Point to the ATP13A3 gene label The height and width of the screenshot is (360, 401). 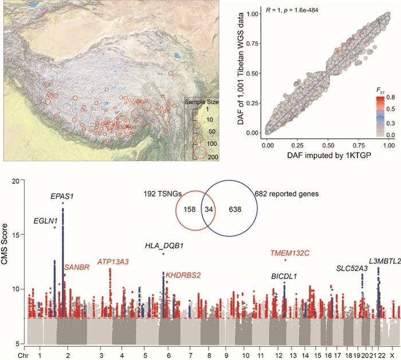113,262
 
